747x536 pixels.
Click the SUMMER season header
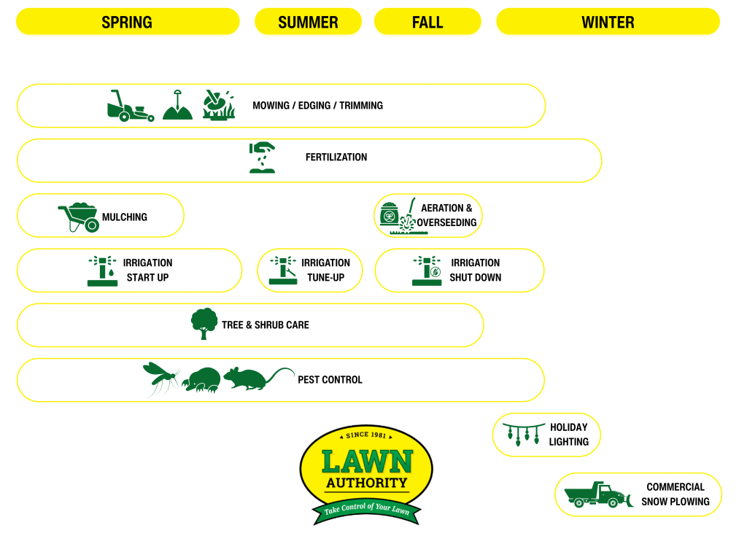point(308,22)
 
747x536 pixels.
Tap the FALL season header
point(427,22)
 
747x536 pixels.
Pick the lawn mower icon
point(130,106)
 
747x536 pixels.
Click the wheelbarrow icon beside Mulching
point(79,217)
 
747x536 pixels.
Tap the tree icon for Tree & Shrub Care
point(204,323)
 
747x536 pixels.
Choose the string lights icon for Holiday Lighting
point(518,435)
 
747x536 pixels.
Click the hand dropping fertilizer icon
point(262,158)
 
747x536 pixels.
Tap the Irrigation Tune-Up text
point(325,270)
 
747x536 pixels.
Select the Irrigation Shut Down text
point(475,270)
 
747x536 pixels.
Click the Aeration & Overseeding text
point(446,215)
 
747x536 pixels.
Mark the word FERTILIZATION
point(336,158)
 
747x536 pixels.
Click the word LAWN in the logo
point(366,461)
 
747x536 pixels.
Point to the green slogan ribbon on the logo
point(366,509)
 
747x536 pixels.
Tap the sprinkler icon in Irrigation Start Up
point(102,271)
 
